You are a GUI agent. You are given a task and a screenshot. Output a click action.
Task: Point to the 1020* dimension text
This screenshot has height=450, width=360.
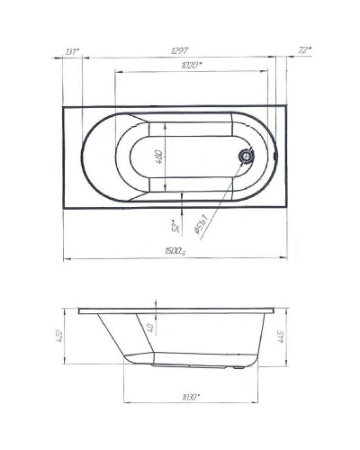click(190, 66)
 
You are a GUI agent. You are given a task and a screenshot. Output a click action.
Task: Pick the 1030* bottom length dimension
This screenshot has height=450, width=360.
click(189, 396)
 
